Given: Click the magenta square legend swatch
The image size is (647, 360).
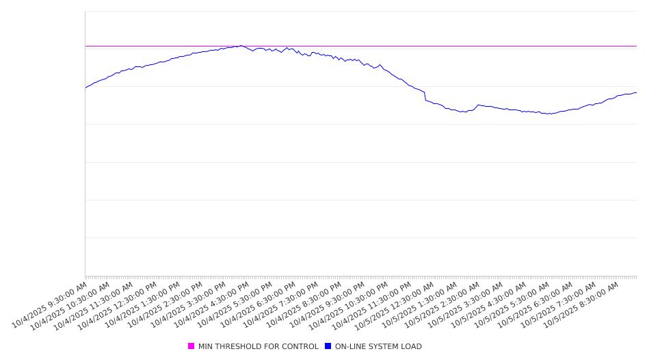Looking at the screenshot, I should point(192,346).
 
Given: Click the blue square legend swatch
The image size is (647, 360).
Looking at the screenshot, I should point(328,346).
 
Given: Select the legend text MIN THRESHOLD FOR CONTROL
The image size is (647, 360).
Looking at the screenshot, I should point(258,346).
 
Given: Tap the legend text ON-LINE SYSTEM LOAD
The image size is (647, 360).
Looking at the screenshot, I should point(378,346).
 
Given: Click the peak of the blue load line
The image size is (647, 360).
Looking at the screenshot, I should point(241,46).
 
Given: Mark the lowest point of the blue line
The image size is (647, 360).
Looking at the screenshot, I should point(549,114).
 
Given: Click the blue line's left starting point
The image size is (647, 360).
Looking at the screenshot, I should point(85,88).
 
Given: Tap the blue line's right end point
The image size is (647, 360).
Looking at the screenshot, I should point(637,92).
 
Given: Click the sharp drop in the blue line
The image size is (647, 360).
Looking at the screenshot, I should point(425,97).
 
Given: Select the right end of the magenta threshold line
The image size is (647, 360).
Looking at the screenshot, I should point(637,46).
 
